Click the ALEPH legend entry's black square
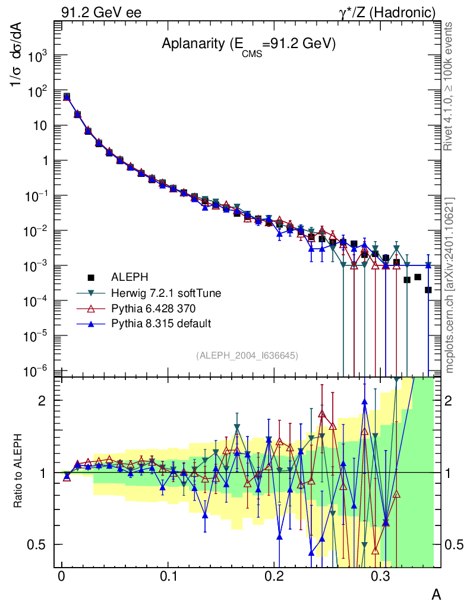click(x=91, y=277)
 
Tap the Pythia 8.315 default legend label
click(x=153, y=324)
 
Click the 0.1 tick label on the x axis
click(x=168, y=577)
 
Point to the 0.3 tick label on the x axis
click(x=379, y=577)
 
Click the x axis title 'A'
click(x=436, y=594)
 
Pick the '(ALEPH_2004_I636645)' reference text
click(x=247, y=355)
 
